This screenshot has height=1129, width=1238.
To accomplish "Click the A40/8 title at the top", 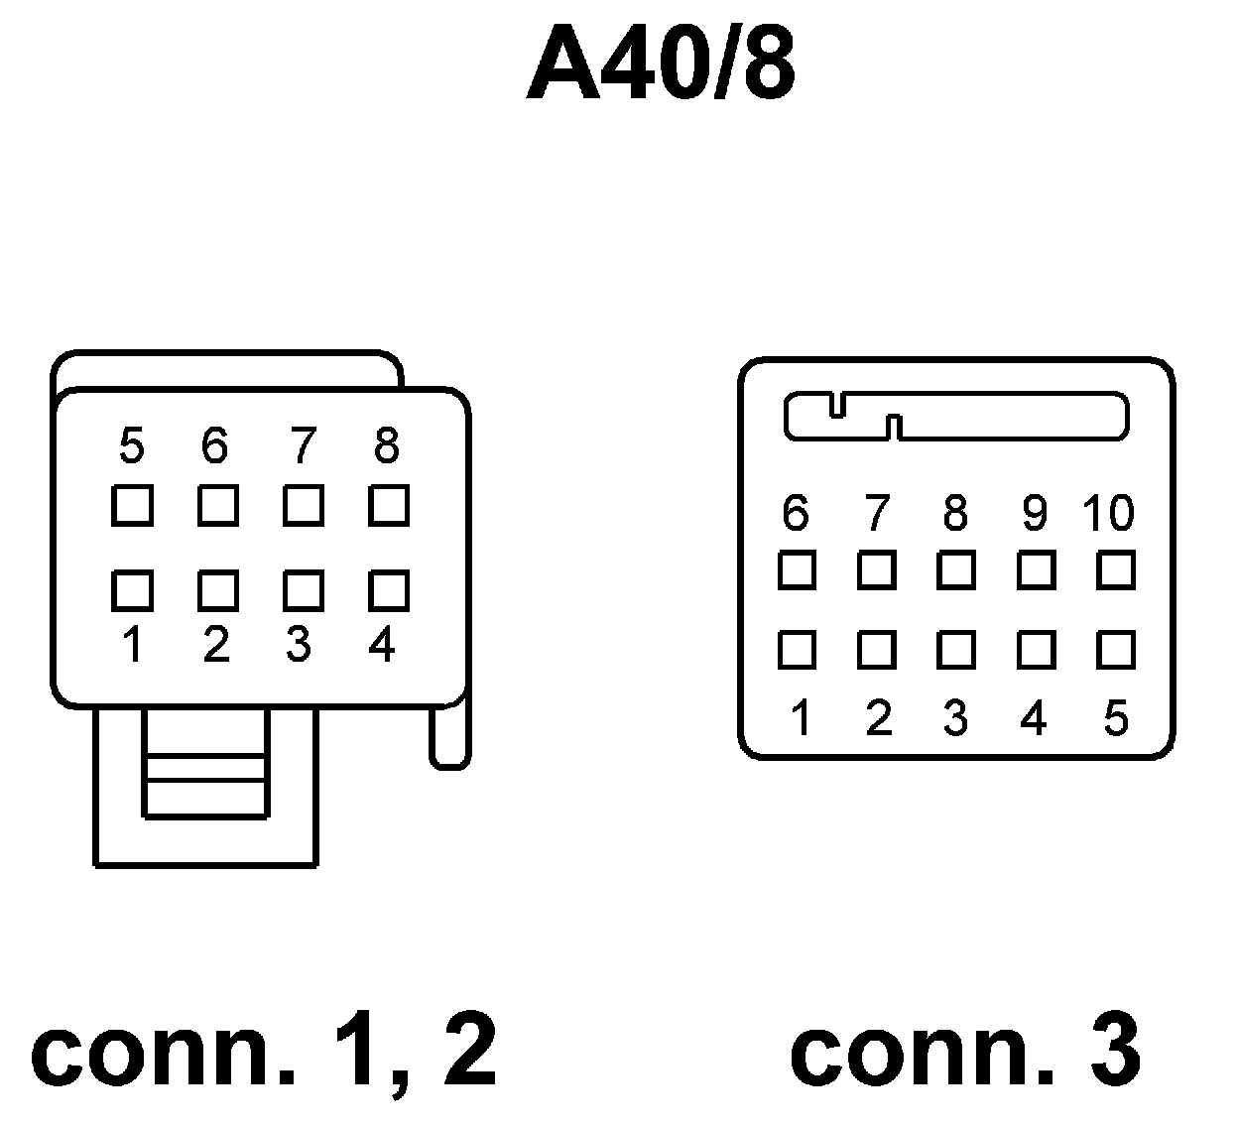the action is (x=661, y=65).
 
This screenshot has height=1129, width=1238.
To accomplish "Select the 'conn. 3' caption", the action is (x=964, y=1050).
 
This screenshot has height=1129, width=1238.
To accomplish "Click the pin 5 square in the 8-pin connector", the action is (x=132, y=506).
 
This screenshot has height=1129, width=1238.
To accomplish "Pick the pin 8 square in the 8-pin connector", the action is (x=388, y=506).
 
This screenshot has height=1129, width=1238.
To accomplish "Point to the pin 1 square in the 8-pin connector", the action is (x=132, y=590).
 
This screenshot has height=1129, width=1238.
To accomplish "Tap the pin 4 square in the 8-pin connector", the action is (x=388, y=590).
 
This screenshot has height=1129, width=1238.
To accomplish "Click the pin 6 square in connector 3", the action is (x=797, y=570).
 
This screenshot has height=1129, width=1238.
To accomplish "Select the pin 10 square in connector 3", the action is (x=1115, y=570).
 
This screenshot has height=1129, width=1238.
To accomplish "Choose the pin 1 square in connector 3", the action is (x=797, y=650).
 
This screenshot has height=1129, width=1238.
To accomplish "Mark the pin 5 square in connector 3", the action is (x=1115, y=650).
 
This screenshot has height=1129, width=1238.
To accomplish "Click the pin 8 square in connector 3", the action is (x=955, y=570).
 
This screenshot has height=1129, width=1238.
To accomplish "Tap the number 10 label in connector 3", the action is (x=1107, y=513).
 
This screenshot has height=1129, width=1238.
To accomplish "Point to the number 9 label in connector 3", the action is (x=1034, y=513).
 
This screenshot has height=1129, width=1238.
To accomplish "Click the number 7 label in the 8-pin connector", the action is (x=302, y=446).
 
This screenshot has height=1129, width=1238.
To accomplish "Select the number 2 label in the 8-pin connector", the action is (x=216, y=646).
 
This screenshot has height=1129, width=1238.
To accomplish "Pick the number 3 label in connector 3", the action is (x=955, y=717).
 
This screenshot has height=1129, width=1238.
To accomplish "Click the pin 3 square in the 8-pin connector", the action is (x=303, y=590).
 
